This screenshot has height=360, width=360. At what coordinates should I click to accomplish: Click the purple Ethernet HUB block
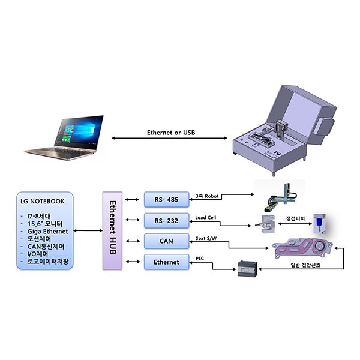[112, 230]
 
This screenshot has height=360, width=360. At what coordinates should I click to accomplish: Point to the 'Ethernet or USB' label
[171, 133]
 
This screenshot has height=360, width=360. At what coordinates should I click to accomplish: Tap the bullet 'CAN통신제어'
[51, 246]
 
